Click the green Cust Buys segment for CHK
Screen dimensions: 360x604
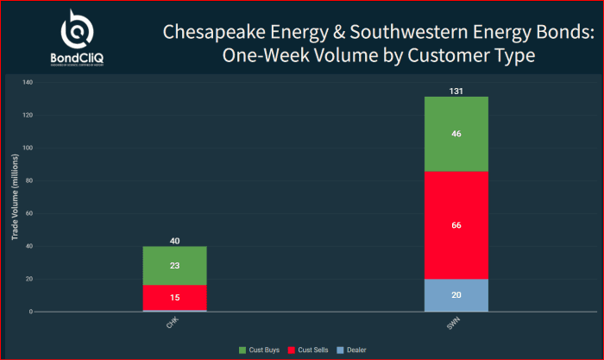(175, 266)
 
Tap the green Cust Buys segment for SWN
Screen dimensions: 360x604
(456, 134)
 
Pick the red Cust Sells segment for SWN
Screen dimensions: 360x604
(456, 225)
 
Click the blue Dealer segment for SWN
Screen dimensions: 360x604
(456, 294)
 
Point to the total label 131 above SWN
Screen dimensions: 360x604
(456, 91)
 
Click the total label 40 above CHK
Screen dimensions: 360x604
(175, 241)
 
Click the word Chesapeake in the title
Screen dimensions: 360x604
(207, 32)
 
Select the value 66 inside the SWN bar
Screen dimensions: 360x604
(456, 225)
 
